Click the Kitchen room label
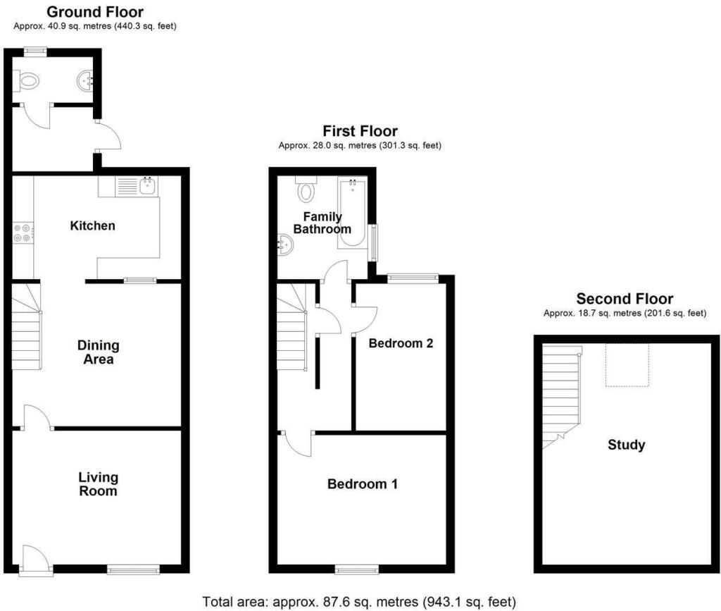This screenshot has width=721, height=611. tap(92, 226)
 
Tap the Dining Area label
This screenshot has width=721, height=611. tap(98, 352)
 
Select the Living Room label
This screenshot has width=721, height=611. tap(98, 484)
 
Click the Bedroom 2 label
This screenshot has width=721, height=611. tap(400, 344)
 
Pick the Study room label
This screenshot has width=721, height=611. tap(626, 445)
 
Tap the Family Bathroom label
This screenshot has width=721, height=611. tap(322, 223)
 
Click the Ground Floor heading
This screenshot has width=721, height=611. tap(95, 12)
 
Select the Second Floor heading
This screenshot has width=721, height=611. tap(625, 299)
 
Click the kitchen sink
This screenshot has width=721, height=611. tap(149, 186)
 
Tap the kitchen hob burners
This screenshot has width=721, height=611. tap(23, 233)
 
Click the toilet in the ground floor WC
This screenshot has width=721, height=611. tap(27, 82)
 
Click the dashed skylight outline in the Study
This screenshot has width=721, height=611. tap(626, 365)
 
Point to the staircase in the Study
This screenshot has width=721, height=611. tap(561, 395)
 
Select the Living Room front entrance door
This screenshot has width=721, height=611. tap(35, 561)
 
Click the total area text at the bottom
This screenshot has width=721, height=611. tap(360, 602)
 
